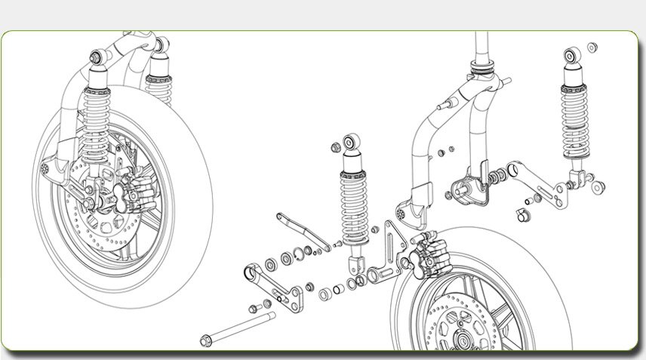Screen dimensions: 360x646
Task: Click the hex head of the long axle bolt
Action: [x=205, y=340]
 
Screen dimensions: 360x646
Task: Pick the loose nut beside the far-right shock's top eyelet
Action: [x=592, y=48]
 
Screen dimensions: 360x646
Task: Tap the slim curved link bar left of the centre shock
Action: [x=301, y=229]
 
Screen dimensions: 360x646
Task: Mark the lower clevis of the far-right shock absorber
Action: [x=575, y=180]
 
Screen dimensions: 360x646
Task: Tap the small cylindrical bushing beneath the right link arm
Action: [x=519, y=217]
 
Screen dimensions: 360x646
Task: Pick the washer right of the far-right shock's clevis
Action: [x=598, y=186]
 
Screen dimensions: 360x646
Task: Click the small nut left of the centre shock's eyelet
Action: [x=334, y=144]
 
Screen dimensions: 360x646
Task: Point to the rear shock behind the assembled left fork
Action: [x=158, y=75]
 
